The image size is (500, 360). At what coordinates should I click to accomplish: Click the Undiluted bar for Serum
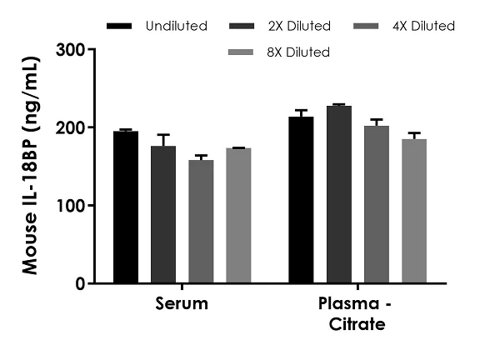(126, 207)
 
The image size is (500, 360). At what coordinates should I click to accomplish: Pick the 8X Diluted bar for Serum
(238, 216)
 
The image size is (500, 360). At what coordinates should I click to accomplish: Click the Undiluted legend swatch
(121, 27)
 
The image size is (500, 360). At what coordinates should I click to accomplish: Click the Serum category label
(182, 304)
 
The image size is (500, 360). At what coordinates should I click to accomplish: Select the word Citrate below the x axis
(357, 324)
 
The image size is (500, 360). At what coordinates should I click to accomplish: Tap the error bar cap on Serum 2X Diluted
(163, 134)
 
